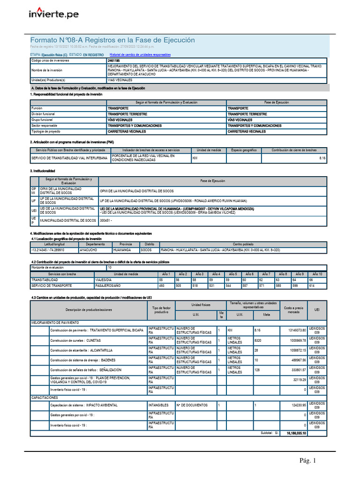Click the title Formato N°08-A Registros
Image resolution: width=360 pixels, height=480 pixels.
tap(112, 40)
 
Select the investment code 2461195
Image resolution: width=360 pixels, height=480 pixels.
tap(113, 60)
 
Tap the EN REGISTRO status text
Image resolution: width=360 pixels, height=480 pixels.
tap(93, 55)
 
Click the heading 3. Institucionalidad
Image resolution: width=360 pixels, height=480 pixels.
tap(43, 171)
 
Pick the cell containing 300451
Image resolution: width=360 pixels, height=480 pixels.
tap(105, 220)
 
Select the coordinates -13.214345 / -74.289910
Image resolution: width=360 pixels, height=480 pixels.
tap(48, 250)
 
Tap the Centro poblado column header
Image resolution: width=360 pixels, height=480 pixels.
tap(243, 244)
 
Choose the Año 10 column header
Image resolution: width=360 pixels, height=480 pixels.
tap(318, 274)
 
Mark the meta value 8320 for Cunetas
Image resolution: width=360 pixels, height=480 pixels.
tap(258, 340)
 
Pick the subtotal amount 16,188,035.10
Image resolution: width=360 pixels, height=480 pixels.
tap(296, 434)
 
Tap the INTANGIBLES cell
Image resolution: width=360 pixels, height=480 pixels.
tap(158, 405)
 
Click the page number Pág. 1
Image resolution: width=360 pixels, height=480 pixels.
tap(308, 461)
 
